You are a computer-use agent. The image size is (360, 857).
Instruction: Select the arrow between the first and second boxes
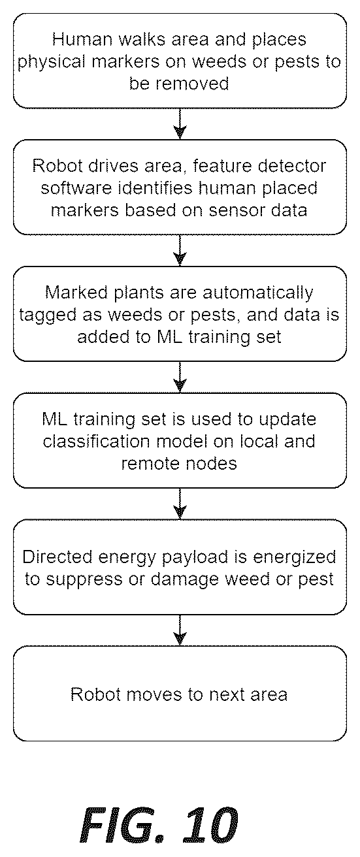180,123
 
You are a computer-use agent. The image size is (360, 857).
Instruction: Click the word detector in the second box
292,166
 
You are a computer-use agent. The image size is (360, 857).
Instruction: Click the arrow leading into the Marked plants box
180,251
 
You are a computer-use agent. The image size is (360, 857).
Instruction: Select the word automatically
258,293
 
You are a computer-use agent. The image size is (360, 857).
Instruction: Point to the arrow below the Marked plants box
180,378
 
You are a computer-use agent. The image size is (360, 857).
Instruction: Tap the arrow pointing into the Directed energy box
180,504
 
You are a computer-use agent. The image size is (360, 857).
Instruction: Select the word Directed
57,557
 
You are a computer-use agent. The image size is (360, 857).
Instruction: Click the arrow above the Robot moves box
180,630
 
